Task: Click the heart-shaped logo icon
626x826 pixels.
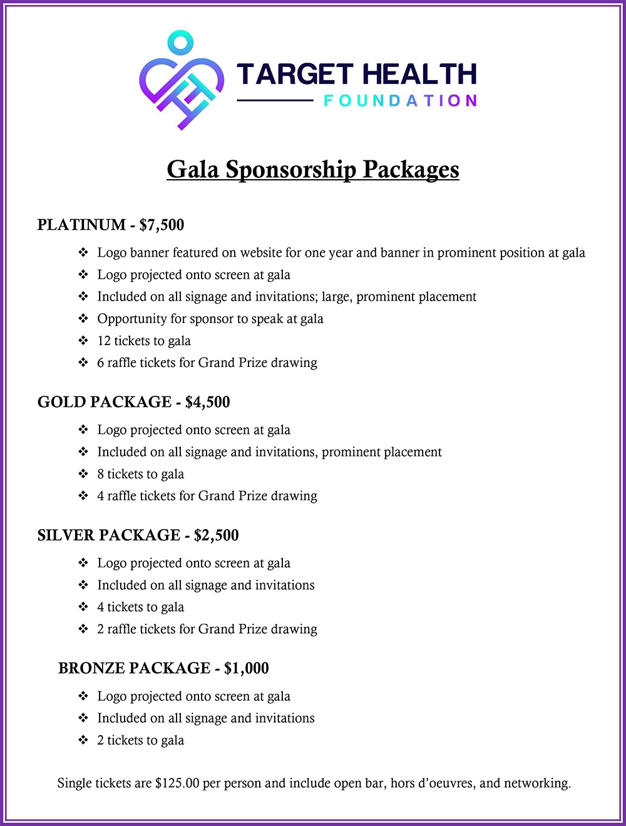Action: (181, 85)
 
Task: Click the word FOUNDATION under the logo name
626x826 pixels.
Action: (400, 101)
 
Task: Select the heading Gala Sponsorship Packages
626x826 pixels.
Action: (313, 170)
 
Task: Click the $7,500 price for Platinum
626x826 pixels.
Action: (162, 225)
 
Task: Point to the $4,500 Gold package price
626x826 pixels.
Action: (207, 402)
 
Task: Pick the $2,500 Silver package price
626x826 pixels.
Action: (216, 535)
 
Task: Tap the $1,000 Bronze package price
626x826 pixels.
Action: (246, 668)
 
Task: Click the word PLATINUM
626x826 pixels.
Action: (81, 225)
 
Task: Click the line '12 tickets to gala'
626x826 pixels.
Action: (144, 341)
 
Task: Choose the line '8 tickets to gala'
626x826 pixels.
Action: (141, 474)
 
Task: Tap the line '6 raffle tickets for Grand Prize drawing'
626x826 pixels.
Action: (207, 363)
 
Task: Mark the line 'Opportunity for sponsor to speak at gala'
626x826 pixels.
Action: (210, 319)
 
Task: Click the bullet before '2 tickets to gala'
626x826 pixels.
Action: (83, 740)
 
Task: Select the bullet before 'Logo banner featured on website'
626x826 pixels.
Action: (83, 253)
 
